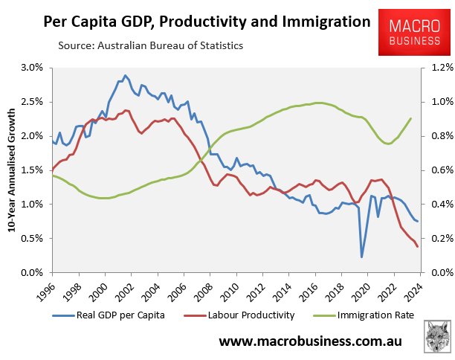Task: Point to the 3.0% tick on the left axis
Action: pos(34,68)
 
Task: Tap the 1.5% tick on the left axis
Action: pos(34,170)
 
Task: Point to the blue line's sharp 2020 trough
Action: pos(362,257)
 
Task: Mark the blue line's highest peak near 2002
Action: pos(125,75)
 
